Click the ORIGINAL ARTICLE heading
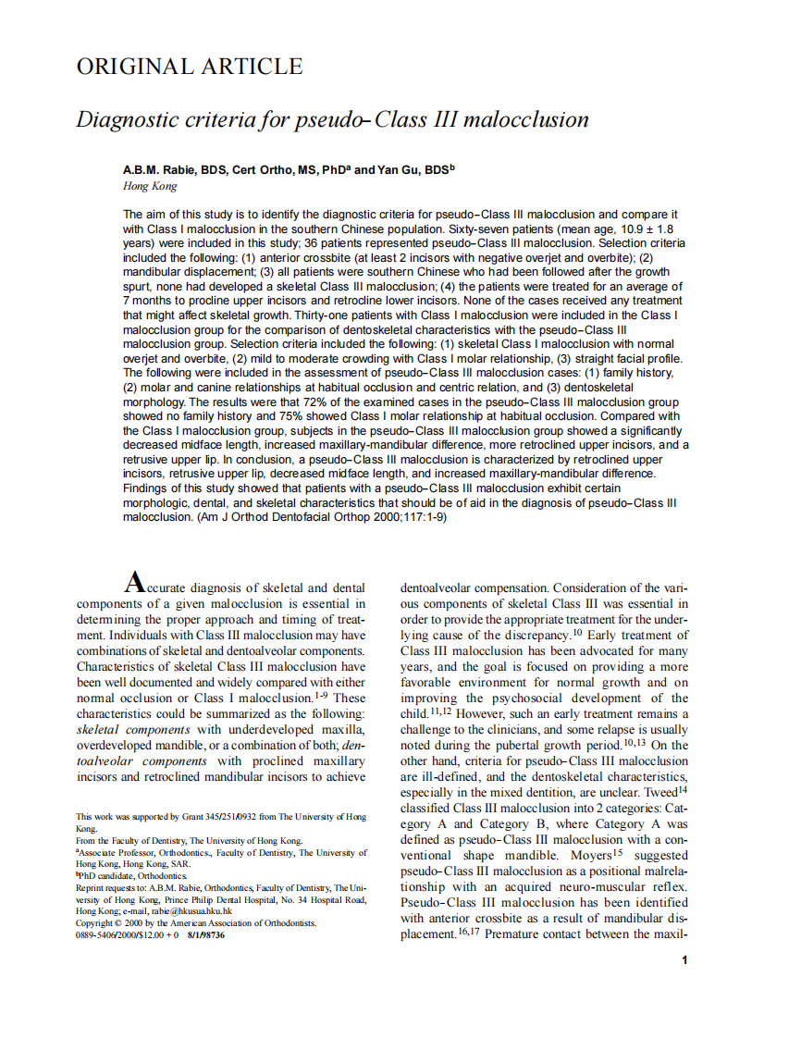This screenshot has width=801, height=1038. pyautogui.click(x=189, y=67)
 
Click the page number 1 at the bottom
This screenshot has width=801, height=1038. pyautogui.click(x=684, y=960)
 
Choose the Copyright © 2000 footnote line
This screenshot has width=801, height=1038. pyautogui.click(x=196, y=923)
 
